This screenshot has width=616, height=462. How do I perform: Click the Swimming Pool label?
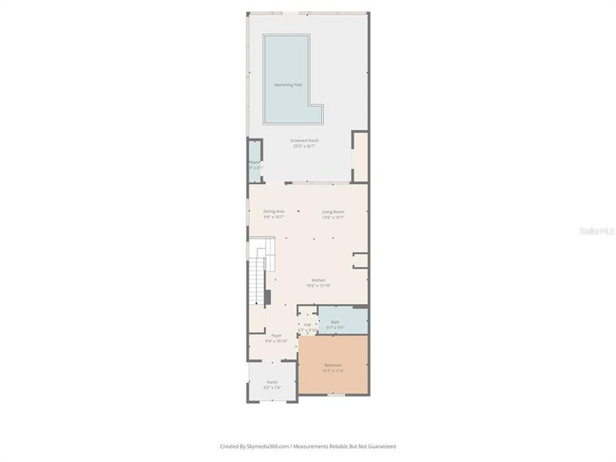288,85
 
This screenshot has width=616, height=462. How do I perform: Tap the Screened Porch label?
304,140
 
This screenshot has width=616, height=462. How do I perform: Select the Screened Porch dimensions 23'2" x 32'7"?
304,146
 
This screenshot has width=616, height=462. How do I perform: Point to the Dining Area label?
273,211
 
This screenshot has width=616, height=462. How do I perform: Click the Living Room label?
333,211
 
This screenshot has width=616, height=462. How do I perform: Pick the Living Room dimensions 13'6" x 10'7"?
333,217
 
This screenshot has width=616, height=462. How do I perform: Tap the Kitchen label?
318,280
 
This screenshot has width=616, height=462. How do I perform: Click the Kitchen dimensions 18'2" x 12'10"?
318,286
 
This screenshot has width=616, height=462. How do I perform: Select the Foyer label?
276,335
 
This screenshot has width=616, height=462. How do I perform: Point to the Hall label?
307,325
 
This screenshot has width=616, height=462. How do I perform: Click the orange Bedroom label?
333,365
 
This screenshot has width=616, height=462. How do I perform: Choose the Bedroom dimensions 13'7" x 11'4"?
333,371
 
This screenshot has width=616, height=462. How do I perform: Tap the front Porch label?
272,382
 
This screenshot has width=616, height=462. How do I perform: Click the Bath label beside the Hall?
335,322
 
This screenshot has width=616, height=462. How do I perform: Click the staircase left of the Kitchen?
256,281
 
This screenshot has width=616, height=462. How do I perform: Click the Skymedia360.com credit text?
254,446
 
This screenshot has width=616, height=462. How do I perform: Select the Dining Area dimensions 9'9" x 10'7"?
273,217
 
